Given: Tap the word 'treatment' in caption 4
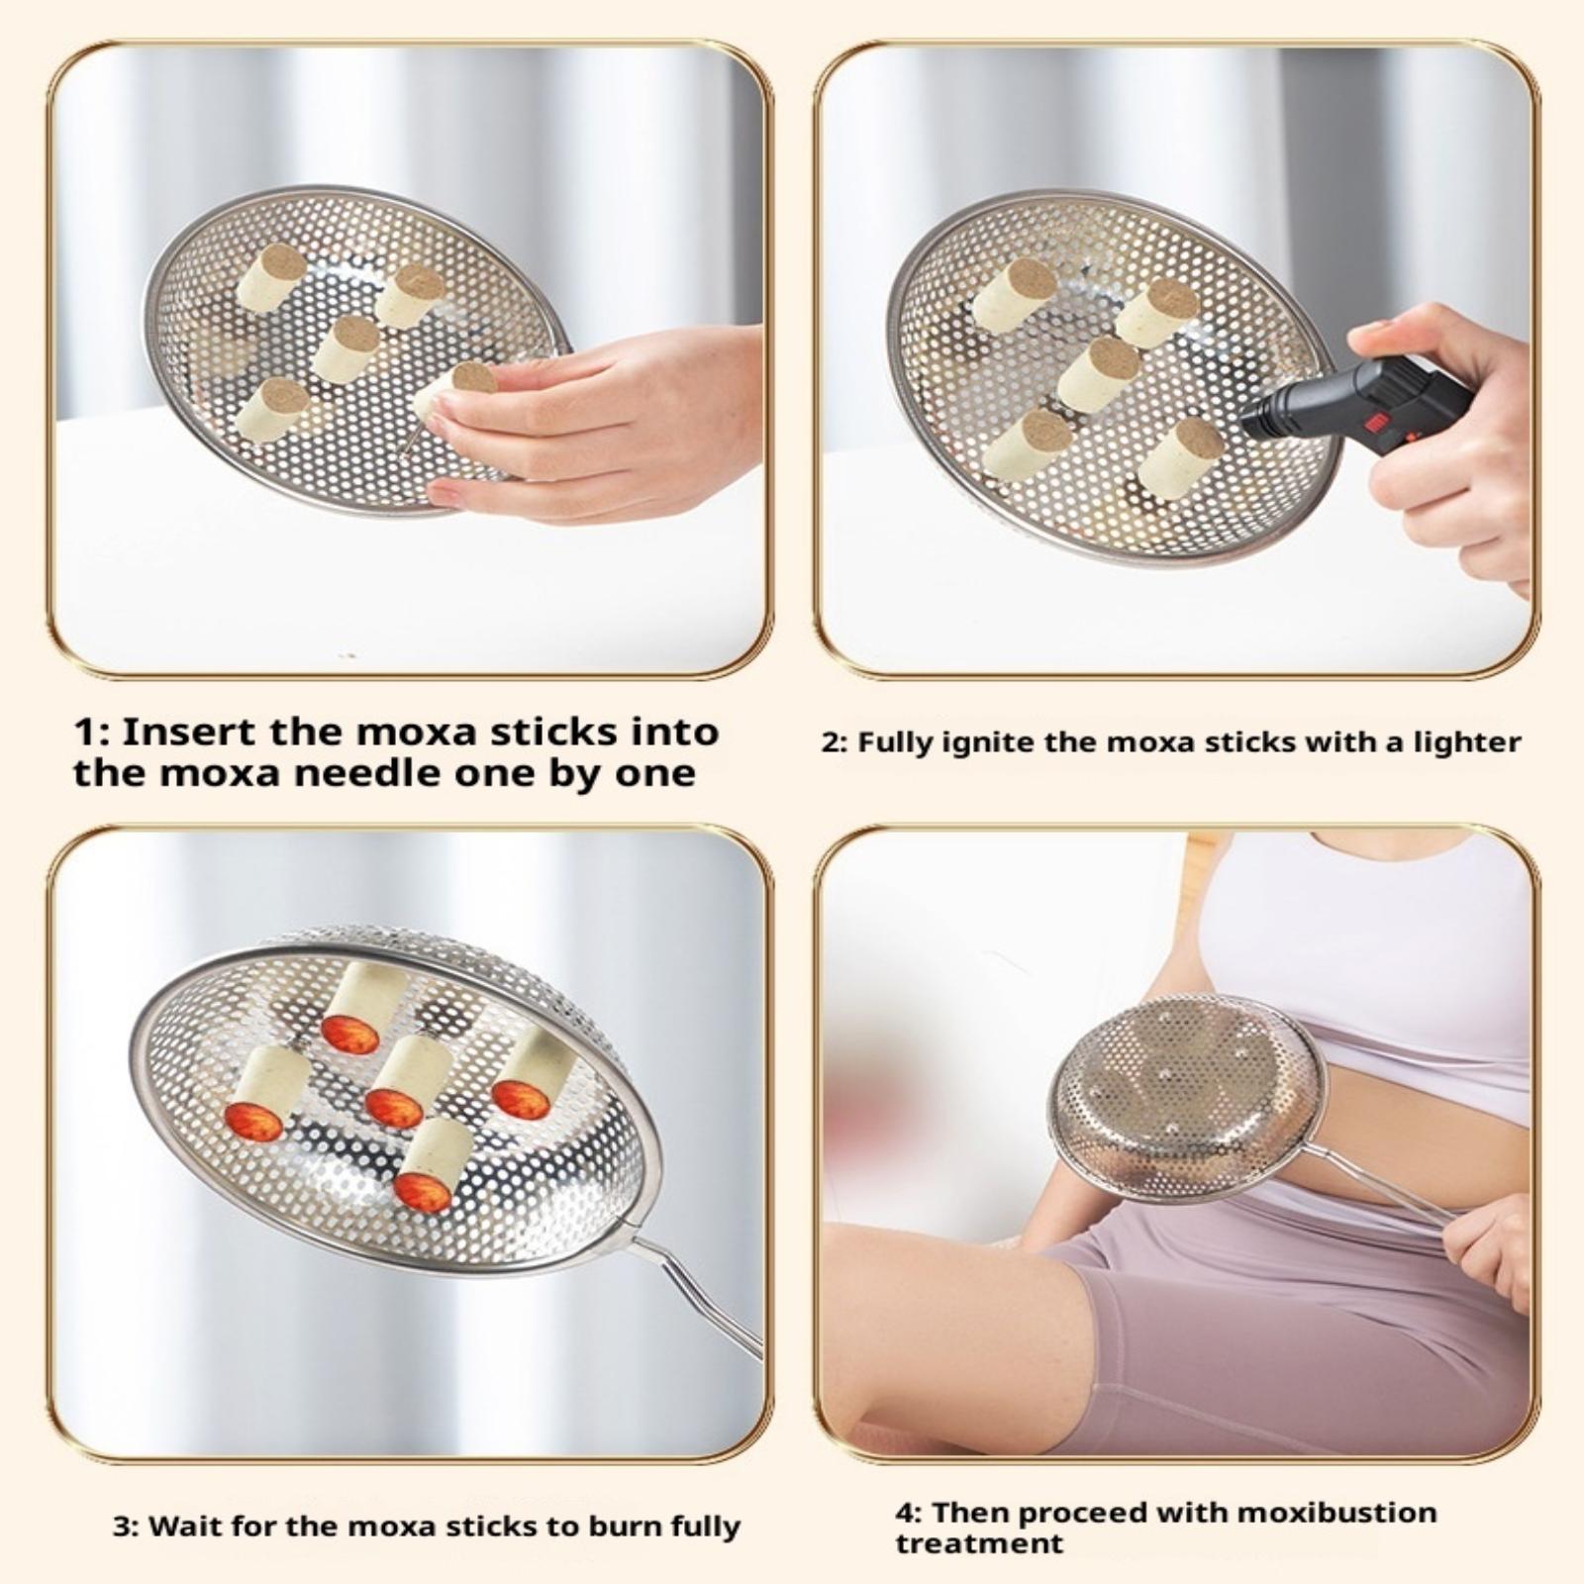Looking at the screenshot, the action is tap(979, 1543).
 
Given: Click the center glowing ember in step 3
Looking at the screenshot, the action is tap(394, 1107).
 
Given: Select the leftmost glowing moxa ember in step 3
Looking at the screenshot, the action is tap(254, 1123).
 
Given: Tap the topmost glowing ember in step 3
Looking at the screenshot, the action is tap(349, 1035).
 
